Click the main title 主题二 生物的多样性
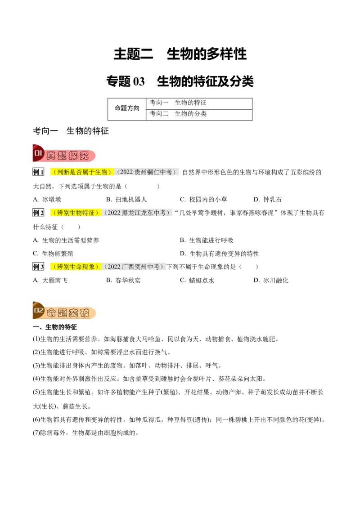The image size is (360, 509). [180, 54]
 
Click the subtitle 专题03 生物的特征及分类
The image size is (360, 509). [180, 81]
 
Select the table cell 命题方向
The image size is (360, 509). [127, 109]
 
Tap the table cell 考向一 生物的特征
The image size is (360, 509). [199, 103]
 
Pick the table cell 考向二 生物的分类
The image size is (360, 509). [199, 115]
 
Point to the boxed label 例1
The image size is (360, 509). [38, 172]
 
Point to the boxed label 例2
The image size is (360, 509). [38, 213]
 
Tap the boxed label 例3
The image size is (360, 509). [38, 267]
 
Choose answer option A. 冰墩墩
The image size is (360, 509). [47, 199]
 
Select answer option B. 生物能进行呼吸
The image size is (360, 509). [207, 241]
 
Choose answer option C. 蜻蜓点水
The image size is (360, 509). [197, 281]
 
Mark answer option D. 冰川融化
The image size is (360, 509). [271, 281]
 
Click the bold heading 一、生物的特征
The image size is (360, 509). [55, 327]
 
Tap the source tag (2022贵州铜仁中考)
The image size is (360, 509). [146, 172]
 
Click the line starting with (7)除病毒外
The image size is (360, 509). [86, 433]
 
